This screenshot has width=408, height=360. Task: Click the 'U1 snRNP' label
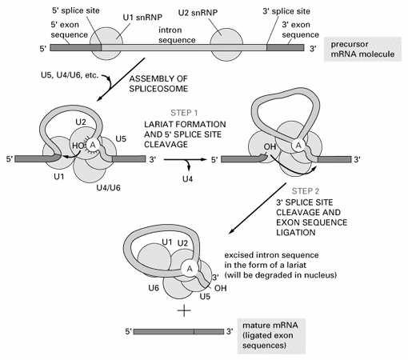[142, 18]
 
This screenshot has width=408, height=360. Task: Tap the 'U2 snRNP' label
[198, 13]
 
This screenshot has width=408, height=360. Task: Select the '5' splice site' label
[76, 10]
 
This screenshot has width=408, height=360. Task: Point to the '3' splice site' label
[286, 11]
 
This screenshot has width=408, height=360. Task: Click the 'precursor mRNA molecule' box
[362, 49]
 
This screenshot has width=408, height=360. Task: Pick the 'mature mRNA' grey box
[271, 335]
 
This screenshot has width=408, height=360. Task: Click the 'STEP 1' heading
[184, 113]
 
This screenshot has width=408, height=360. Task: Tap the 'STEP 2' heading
[306, 191]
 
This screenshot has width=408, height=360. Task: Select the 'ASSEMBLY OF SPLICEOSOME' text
[158, 84]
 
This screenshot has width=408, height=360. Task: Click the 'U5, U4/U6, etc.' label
[70, 75]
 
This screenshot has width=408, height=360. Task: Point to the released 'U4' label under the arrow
[187, 178]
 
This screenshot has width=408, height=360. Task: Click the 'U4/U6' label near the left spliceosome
[109, 188]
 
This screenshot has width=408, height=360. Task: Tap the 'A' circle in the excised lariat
[190, 269]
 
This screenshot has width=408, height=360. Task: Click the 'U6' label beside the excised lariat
[154, 288]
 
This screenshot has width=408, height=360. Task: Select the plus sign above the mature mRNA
[184, 310]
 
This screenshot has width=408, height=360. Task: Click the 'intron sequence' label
[177, 35]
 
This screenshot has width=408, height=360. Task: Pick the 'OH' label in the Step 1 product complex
[270, 146]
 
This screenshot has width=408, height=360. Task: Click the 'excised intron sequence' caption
[281, 265]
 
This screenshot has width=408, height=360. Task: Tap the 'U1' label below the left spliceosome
[59, 177]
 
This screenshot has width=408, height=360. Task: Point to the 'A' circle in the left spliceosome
[93, 145]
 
